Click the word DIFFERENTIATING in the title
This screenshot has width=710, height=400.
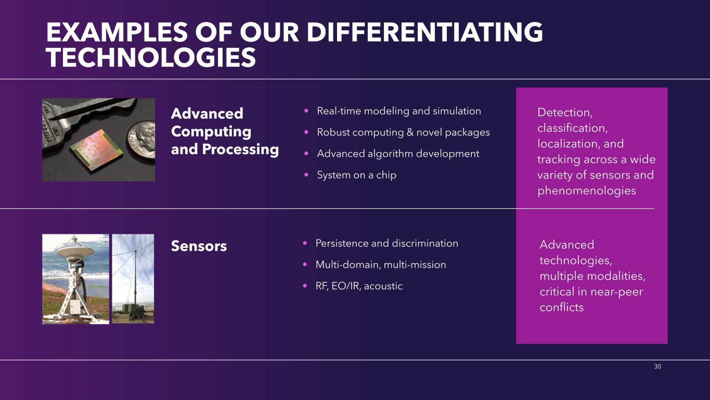(x=425, y=32)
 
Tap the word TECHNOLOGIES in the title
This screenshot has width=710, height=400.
(x=151, y=57)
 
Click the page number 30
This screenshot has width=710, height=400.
(x=657, y=367)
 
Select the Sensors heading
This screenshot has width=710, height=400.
(x=199, y=246)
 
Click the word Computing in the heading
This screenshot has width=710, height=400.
(x=211, y=132)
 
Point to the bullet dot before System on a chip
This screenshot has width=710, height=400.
(x=306, y=174)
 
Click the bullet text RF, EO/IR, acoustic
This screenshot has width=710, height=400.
(x=359, y=286)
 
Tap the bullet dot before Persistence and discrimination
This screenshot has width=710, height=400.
(x=305, y=243)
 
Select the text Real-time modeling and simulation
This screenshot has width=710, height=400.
(x=399, y=111)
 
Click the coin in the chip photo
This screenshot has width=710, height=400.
(x=141, y=139)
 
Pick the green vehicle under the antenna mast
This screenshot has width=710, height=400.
(x=133, y=311)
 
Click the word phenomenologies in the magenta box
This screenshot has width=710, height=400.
(x=586, y=191)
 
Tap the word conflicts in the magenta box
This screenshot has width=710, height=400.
(x=561, y=307)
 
